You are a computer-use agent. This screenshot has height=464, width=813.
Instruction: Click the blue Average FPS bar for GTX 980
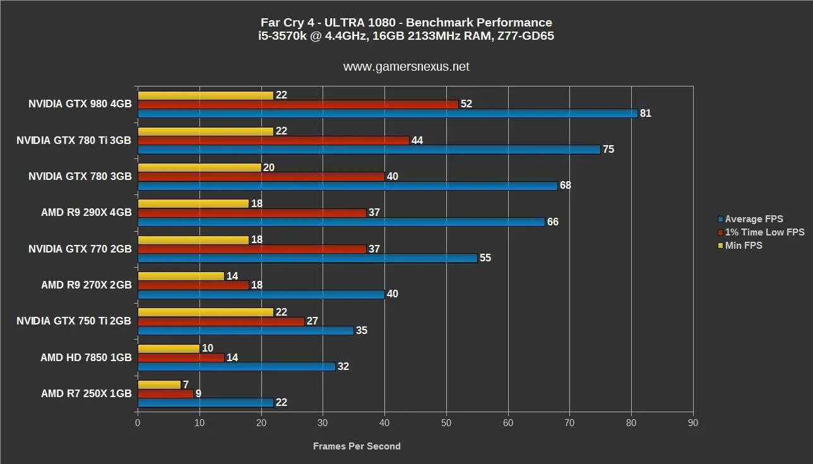387,114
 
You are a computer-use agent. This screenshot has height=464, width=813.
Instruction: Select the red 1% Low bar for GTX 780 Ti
273,140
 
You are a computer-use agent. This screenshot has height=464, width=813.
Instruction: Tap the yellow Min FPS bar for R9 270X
181,276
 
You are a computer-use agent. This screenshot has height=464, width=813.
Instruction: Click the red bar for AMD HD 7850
181,357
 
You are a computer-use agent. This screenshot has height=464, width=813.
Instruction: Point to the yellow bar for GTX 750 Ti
205,312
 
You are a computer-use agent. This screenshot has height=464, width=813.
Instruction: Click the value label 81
645,114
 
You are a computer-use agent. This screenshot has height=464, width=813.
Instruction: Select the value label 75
608,150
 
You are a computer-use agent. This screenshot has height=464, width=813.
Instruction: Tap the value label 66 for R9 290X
552,222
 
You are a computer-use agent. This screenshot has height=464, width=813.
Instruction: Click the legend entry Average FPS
754,219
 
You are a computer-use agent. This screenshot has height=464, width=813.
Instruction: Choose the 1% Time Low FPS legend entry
764,232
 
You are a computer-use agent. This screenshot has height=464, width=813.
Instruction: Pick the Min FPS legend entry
744,246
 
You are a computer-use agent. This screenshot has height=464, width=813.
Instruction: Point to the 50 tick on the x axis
446,423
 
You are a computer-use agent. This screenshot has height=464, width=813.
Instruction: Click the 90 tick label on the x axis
693,423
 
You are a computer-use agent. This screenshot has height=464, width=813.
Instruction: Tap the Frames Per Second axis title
357,446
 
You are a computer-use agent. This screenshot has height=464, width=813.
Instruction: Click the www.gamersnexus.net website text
406,67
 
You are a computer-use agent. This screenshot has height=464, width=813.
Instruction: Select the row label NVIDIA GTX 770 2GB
80,249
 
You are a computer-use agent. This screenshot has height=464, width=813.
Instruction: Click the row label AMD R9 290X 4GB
86,213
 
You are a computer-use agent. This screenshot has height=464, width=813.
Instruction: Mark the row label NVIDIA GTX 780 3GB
80,177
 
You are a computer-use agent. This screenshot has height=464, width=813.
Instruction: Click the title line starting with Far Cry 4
406,23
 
